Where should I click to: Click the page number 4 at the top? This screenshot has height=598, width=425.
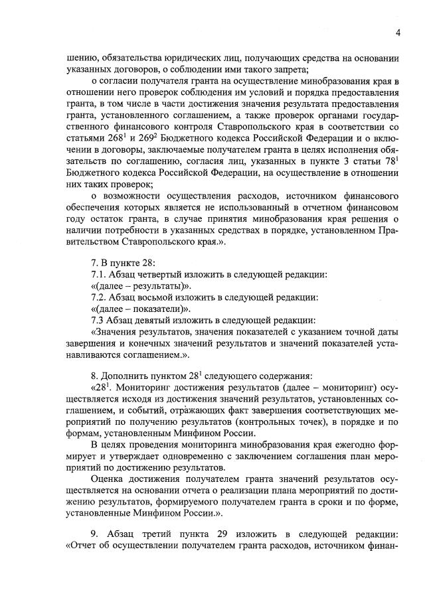click(x=397, y=32)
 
